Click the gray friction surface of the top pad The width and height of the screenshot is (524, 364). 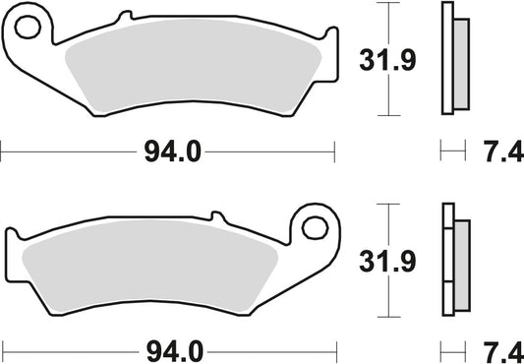coord(187,74)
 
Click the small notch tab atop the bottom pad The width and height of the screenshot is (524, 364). coord(212,217)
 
